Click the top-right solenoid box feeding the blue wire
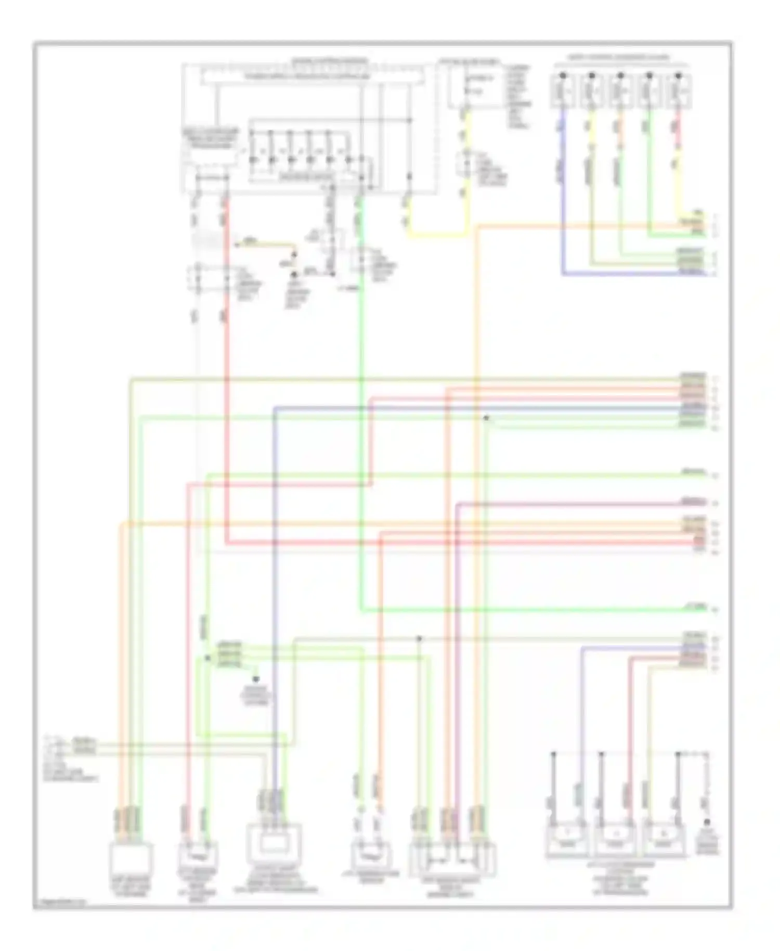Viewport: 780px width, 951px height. coord(562,92)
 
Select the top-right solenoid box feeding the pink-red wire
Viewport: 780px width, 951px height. coord(678,92)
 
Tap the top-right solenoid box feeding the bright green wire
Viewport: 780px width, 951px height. coord(649,92)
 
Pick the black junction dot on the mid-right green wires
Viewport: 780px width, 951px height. coord(486,418)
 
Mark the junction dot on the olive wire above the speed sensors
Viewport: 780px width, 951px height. coord(419,638)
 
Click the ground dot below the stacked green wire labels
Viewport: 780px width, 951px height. coord(256,679)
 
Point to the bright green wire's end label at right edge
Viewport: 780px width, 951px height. coord(695,607)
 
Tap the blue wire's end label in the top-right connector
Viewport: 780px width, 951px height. coord(691,272)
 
